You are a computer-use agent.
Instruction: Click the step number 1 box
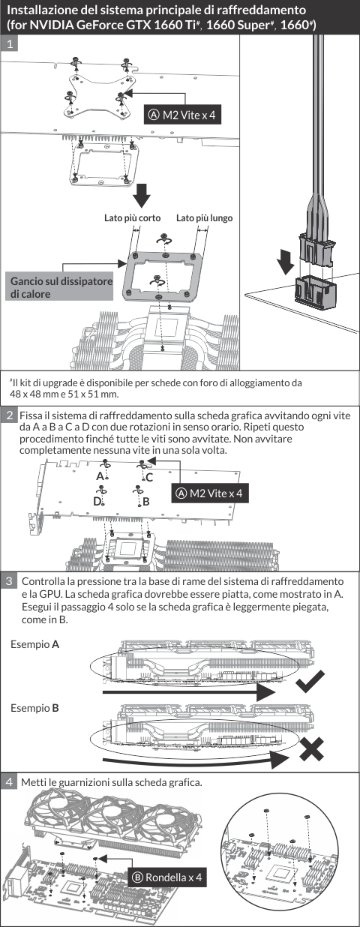coord(10,43)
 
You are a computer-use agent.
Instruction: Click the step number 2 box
coord(10,415)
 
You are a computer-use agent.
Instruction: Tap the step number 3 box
coord(9,581)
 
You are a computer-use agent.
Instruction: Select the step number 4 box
coord(9,781)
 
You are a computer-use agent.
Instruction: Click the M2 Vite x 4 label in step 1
coord(182,115)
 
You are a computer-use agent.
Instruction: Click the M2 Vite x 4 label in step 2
coord(210,493)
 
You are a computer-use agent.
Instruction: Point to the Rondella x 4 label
coord(167,877)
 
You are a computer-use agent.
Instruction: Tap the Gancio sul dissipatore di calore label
coord(59,287)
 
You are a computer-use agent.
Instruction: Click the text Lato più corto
coord(133,217)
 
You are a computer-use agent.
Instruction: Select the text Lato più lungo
coord(205,217)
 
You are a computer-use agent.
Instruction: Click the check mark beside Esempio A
coord(310,682)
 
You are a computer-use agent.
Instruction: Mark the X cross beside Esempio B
coord(311,748)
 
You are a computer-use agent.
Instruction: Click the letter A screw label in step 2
coord(100,476)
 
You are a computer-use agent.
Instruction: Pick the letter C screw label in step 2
coord(149,478)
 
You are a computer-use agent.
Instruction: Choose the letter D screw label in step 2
coord(97,502)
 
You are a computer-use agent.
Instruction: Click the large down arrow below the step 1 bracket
coord(142,195)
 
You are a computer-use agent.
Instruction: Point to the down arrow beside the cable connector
coord(286,261)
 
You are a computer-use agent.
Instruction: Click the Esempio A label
coord(34,644)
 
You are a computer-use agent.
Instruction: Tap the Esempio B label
coord(34,708)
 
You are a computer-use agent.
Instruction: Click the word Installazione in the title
coord(39,10)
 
